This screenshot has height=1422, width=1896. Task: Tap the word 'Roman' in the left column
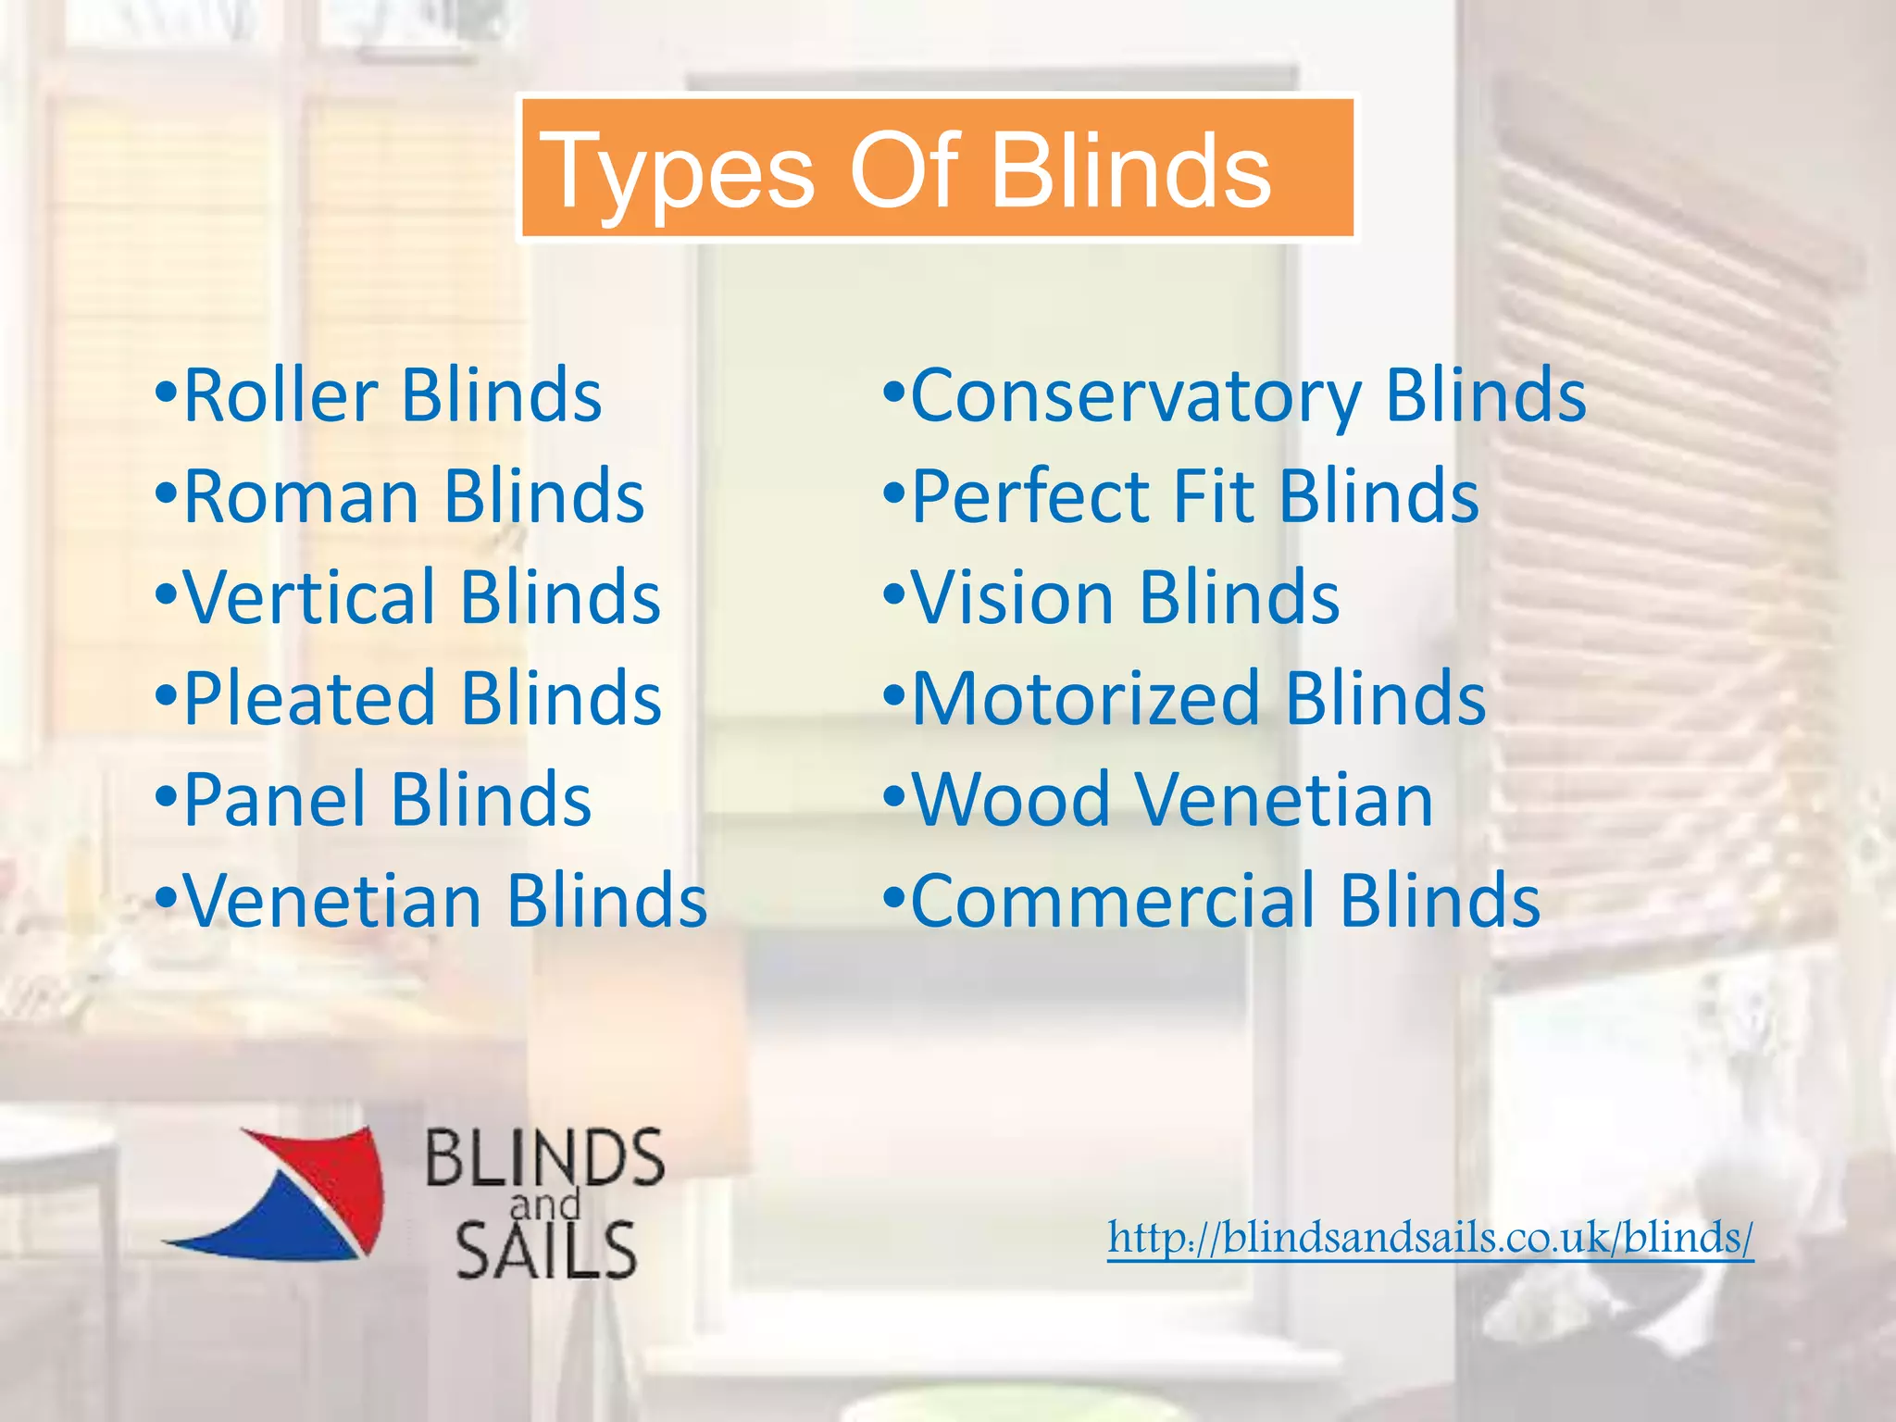click(301, 497)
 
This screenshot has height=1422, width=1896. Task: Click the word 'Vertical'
click(309, 598)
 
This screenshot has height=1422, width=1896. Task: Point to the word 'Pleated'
click(309, 699)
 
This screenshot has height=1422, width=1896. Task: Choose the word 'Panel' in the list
click(275, 800)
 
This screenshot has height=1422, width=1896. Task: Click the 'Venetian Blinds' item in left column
click(444, 901)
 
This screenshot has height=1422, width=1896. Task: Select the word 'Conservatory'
click(1136, 396)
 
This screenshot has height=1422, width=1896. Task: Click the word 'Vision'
click(1013, 598)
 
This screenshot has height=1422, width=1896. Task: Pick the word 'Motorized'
click(1086, 699)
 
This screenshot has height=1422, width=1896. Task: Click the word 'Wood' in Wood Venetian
click(1011, 800)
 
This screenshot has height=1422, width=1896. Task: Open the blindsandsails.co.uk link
click(1430, 1238)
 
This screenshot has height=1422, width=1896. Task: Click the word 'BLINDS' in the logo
click(544, 1158)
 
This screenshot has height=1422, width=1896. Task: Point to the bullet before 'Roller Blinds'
click(166, 392)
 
